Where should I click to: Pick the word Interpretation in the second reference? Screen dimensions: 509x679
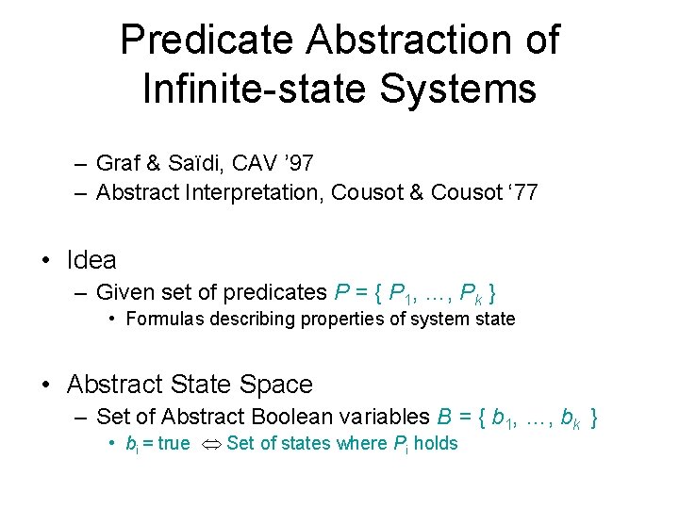pyautogui.click(x=251, y=194)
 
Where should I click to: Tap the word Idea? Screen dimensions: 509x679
pyautogui.click(x=91, y=260)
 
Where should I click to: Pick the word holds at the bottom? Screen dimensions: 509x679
pyautogui.click(x=436, y=443)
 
